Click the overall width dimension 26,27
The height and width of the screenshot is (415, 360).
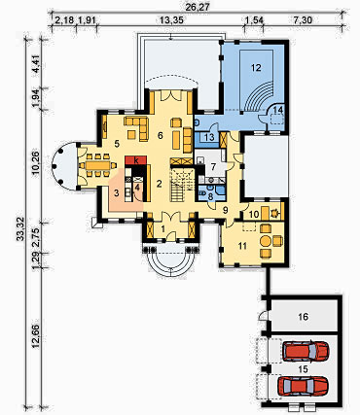point(197,8)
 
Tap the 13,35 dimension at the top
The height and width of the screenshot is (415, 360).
point(171,20)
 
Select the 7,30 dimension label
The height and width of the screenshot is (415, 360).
point(303,20)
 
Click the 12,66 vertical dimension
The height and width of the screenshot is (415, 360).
point(36,335)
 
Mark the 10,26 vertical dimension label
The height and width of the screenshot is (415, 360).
point(36,162)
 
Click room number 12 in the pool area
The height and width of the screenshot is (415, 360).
point(256,67)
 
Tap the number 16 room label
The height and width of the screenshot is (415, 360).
point(303,316)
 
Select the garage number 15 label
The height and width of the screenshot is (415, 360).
point(303,368)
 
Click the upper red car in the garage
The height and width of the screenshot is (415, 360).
point(306,351)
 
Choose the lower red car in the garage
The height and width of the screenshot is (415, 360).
point(303,386)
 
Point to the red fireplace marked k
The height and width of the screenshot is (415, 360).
point(136,160)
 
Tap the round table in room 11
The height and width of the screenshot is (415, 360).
point(266,241)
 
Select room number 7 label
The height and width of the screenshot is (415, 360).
point(213,167)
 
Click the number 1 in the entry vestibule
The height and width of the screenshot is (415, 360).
point(163,229)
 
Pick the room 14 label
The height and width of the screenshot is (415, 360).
point(278,110)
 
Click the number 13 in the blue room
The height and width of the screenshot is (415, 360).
point(209,137)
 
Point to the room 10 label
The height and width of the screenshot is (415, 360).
point(254,214)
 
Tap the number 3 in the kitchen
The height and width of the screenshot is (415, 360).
point(117,193)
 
